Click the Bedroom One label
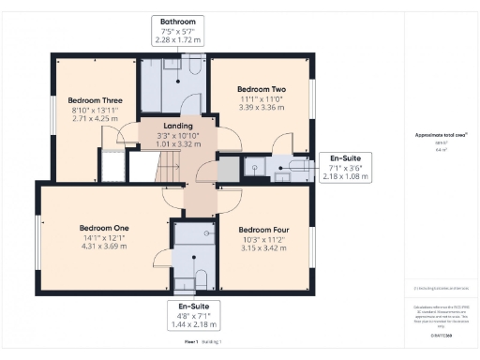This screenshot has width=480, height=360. point(104,228)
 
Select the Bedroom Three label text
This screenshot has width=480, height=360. point(95,100)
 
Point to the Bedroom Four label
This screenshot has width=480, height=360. point(262,230)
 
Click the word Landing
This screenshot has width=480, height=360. point(177,126)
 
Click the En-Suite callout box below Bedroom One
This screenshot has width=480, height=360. point(193,315)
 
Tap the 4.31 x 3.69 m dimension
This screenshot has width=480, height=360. point(104,247)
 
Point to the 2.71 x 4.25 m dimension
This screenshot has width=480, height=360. point(95,119)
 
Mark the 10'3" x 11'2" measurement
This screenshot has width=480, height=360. point(262,239)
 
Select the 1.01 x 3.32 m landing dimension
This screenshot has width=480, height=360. point(177,144)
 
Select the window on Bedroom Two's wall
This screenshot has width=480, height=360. point(313,98)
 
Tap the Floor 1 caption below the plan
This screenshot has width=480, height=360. point(191,343)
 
